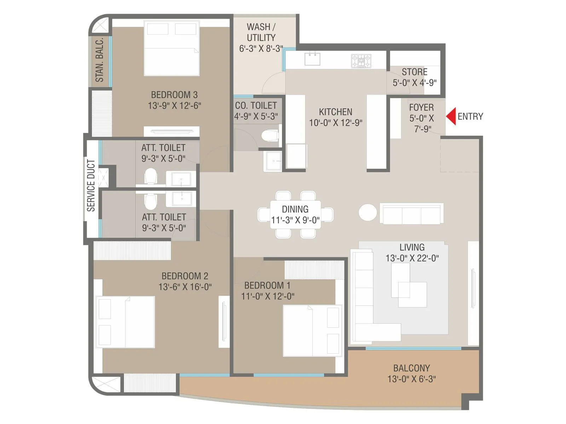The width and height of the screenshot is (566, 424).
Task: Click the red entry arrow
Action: (451, 116)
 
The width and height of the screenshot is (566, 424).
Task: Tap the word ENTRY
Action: (470, 117)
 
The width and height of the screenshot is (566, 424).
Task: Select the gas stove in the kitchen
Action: (361, 61)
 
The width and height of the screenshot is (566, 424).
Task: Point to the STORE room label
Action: (414, 72)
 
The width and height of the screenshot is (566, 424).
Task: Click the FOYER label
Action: (421, 107)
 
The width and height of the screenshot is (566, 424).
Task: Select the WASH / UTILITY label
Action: (261, 32)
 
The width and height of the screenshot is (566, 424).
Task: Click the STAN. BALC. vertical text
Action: (100, 60)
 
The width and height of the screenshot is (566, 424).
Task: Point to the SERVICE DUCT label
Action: (91, 185)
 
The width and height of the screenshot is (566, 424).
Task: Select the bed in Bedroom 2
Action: (126, 322)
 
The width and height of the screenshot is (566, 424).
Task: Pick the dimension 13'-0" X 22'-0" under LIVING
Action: (412, 258)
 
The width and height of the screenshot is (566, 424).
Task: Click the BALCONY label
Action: (411, 368)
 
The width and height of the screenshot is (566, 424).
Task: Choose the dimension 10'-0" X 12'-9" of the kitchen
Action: (335, 123)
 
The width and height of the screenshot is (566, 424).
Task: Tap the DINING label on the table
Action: (295, 209)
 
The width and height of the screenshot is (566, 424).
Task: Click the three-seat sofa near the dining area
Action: (411, 213)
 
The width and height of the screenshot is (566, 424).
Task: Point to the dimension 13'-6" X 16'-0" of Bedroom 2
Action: (185, 287)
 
